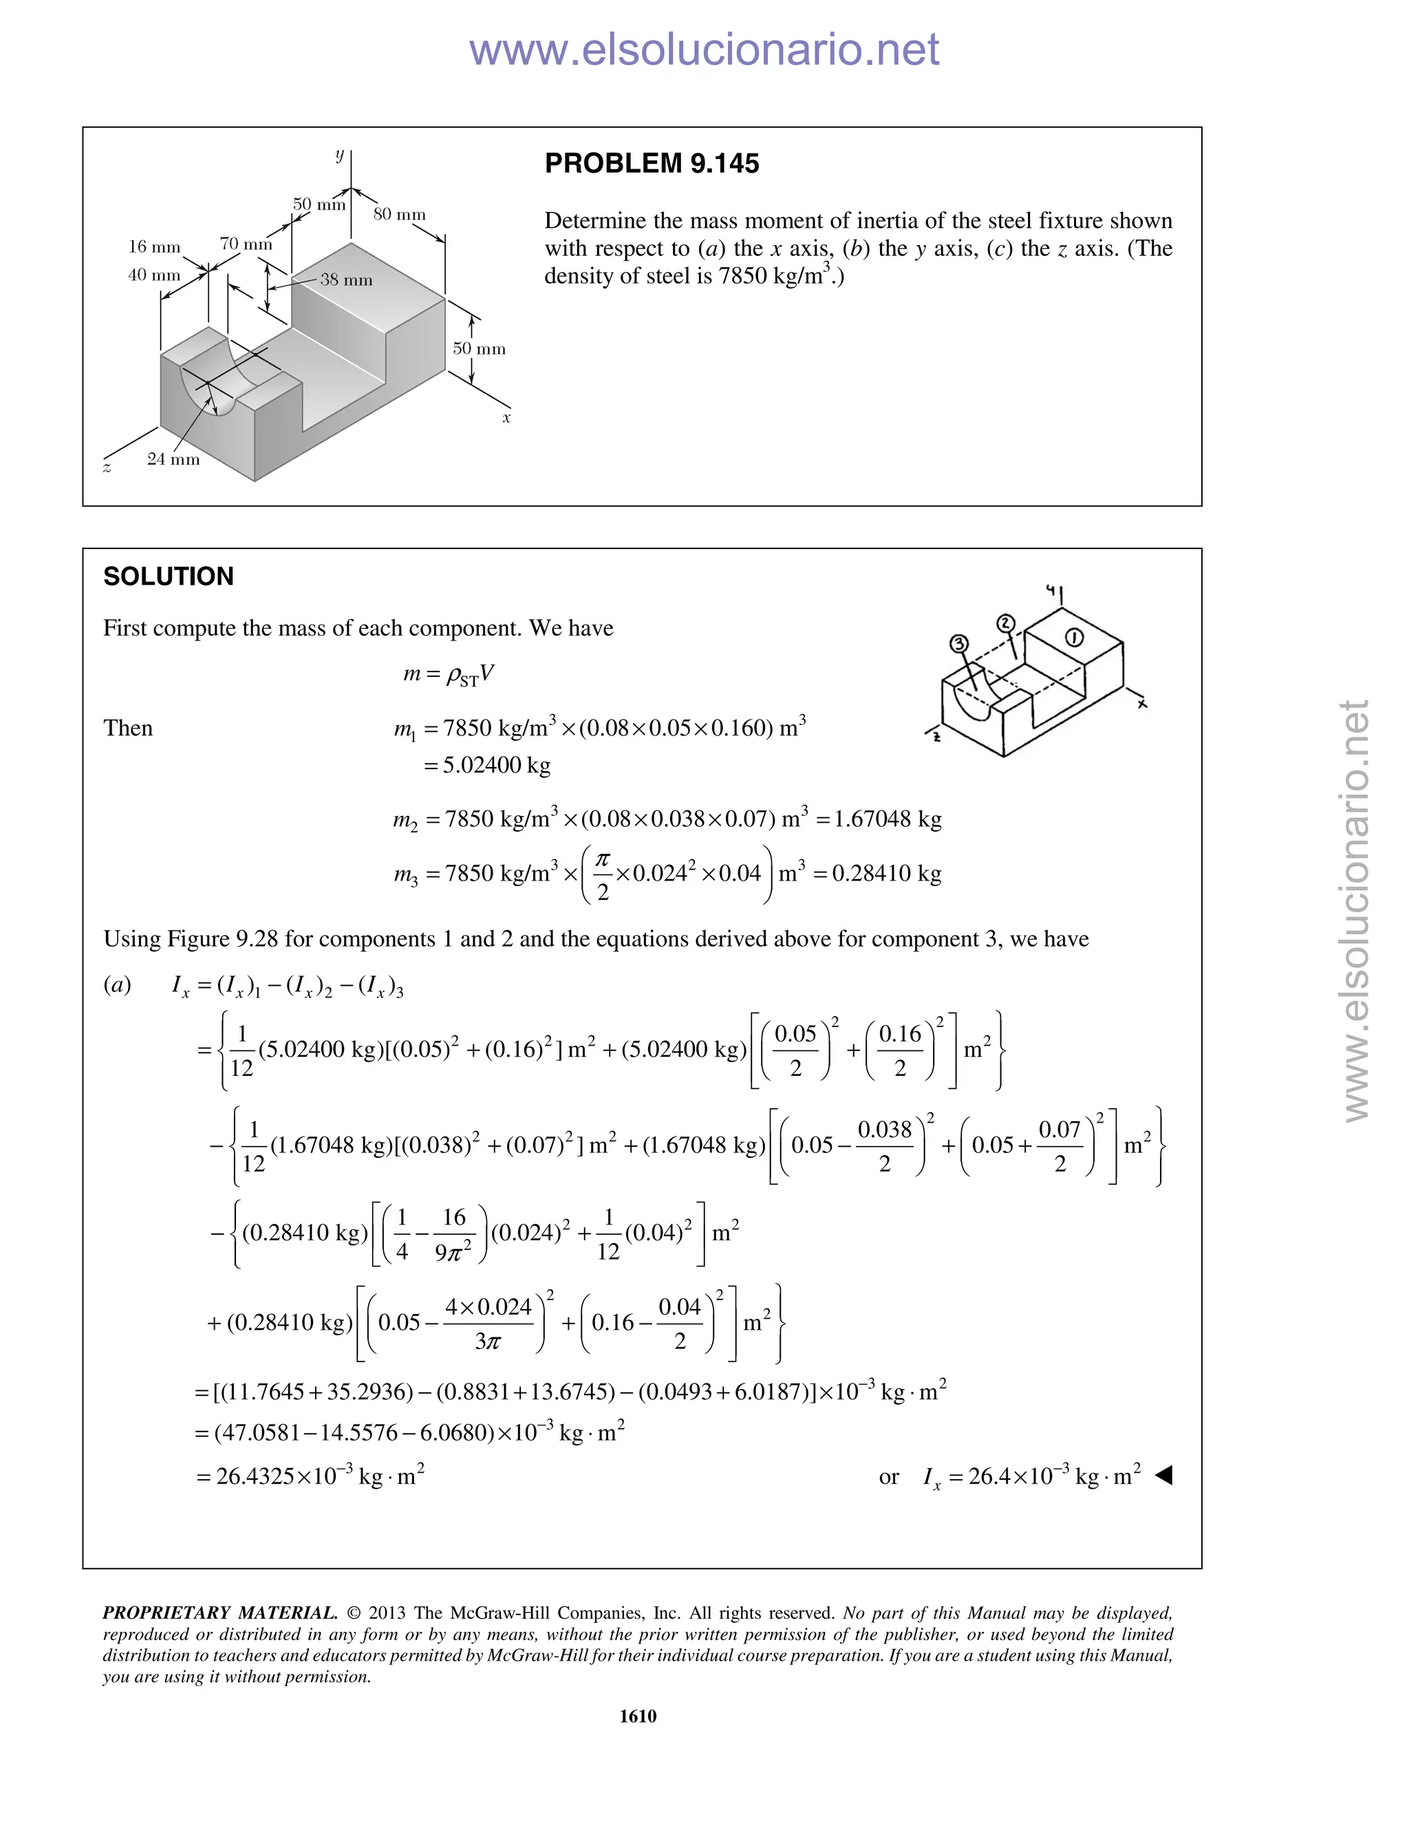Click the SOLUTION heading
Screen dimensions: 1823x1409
tap(168, 576)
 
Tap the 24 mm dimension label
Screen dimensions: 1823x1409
tap(173, 459)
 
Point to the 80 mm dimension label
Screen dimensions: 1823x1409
tap(399, 215)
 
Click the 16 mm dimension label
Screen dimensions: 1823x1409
tap(153, 247)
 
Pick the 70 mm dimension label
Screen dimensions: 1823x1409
tap(246, 244)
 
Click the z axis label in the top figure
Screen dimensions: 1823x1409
tap(107, 468)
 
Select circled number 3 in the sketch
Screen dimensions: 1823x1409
tap(958, 643)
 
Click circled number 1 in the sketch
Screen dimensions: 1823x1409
tap(1074, 638)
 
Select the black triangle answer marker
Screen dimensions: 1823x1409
tap(1163, 1476)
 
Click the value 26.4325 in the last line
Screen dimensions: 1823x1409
tap(255, 1476)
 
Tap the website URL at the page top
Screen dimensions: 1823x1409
tap(704, 50)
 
